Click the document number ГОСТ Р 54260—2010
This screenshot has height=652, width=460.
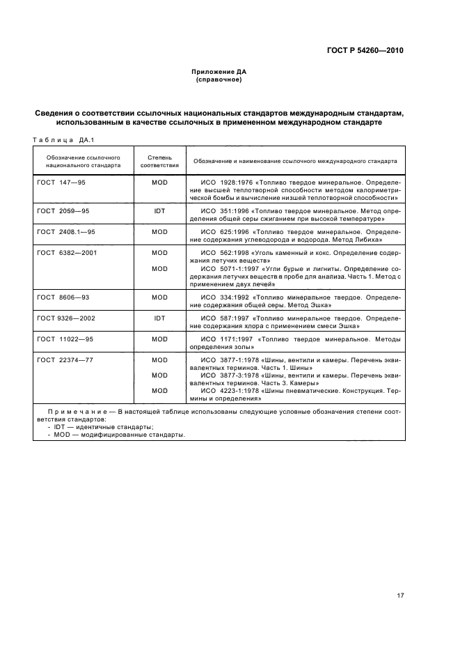pos(365,51)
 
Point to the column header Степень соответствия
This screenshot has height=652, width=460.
pos(159,161)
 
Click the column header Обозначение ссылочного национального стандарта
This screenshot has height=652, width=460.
pos(84,161)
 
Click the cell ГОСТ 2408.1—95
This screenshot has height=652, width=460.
pos(66,231)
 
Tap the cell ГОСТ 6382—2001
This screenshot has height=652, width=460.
pos(66,253)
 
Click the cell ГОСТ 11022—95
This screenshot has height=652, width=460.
pos(65,339)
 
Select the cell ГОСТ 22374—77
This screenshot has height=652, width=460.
pos(65,360)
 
